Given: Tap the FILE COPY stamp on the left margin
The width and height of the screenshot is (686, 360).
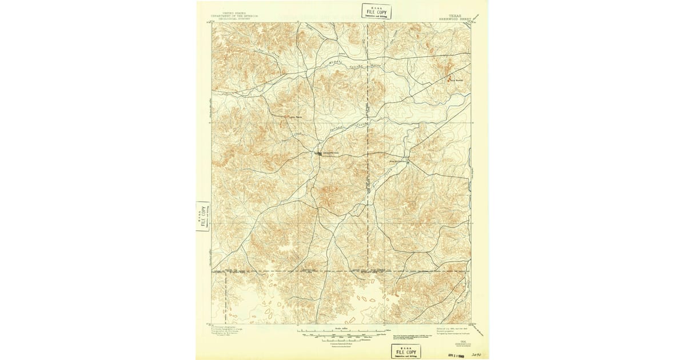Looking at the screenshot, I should (202, 216).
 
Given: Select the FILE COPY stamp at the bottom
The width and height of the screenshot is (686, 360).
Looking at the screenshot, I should (405, 351).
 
